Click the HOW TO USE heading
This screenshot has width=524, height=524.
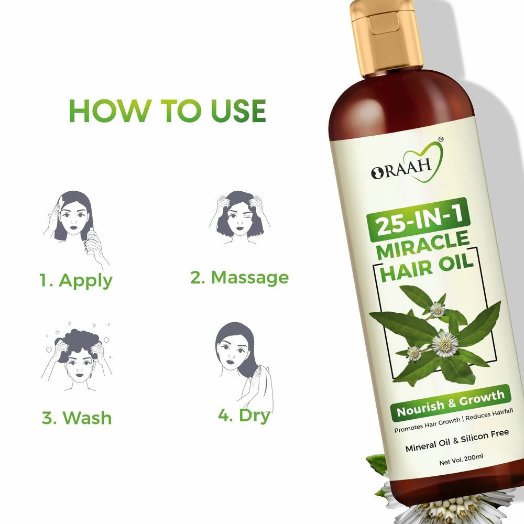coord(167,111)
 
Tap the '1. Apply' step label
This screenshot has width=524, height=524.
coord(76,281)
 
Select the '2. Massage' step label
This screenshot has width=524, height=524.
coord(239,277)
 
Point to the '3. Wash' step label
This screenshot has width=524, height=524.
coord(77,418)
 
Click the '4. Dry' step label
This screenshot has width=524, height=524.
coord(244,416)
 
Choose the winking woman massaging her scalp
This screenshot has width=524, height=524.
coord(239,217)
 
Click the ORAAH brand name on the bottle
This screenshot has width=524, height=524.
coord(401,169)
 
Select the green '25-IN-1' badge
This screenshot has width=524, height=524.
coord(419,220)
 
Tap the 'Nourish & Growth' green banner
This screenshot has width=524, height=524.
coord(451,403)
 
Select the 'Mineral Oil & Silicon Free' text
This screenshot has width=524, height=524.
coord(457,441)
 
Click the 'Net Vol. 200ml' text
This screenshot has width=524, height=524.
coord(461,460)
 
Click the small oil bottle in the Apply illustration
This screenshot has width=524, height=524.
coord(91,241)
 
